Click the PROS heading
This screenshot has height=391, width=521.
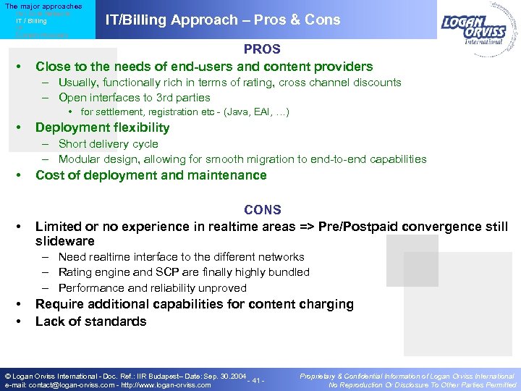pyautogui.click(x=262, y=49)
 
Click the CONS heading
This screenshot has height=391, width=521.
pyautogui.click(x=262, y=210)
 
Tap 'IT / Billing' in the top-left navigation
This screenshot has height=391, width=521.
pyautogui.click(x=31, y=21)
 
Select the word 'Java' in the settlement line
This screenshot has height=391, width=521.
pyautogui.click(x=233, y=112)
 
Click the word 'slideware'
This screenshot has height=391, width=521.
pyautogui.click(x=64, y=241)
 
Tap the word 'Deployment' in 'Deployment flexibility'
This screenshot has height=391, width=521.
pyautogui.click(x=72, y=128)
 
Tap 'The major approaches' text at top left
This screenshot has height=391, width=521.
pyautogui.click(x=43, y=7)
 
